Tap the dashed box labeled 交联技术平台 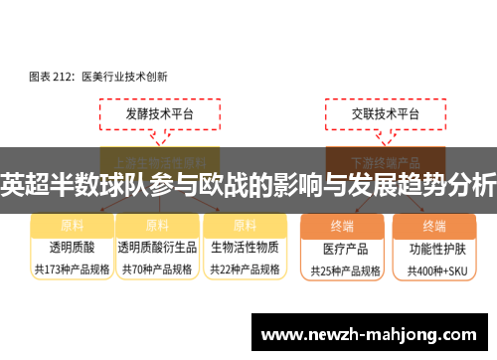pos(371,115)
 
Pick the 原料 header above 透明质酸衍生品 pos(157,225)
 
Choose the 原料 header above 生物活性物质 pos(244,225)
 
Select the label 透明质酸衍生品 pos(157,247)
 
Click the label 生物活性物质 pos(244,247)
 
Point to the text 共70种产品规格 pos(157,269)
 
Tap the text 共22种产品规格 pos(244,269)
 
